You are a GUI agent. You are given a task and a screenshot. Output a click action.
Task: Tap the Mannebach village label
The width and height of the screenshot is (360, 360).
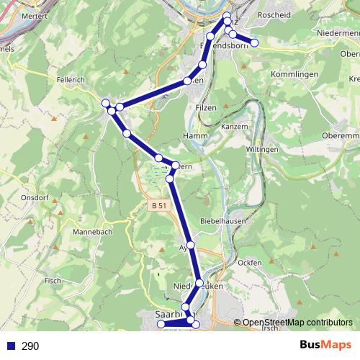tap(89, 233)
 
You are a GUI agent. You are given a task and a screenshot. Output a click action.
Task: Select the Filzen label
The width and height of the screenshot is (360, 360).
tap(206, 107)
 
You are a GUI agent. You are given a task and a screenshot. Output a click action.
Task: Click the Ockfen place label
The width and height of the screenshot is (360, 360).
tap(248, 264)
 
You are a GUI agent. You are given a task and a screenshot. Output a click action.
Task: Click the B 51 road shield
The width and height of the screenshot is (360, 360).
tap(159, 206)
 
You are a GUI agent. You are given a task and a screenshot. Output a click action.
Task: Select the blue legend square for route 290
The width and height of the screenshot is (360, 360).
tap(10, 346)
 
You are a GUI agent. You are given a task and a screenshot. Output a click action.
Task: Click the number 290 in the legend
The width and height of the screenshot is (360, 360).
tap(30, 346)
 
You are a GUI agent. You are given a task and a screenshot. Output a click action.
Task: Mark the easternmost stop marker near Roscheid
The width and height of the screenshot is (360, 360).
tap(254, 42)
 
